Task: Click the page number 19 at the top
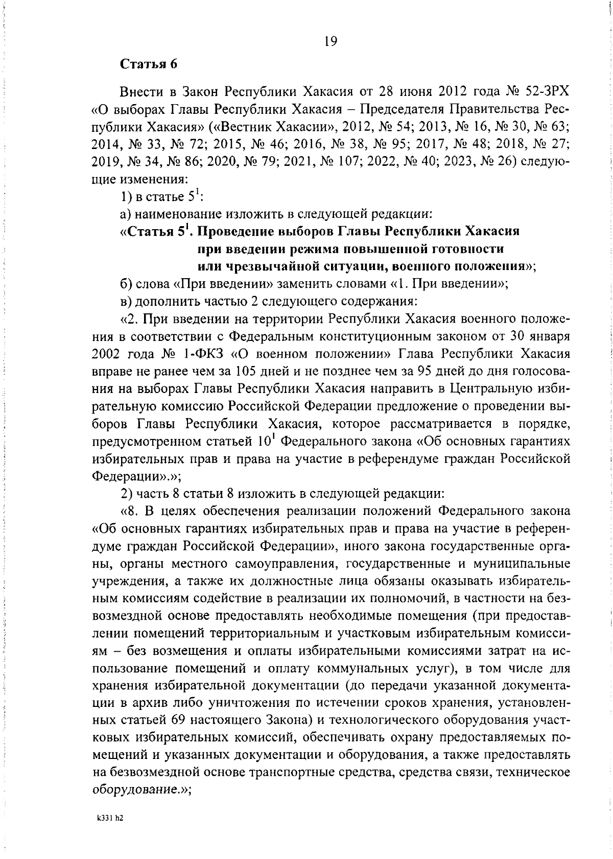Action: coord(331,41)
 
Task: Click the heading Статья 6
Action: coord(149,64)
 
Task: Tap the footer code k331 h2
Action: coord(110,817)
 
